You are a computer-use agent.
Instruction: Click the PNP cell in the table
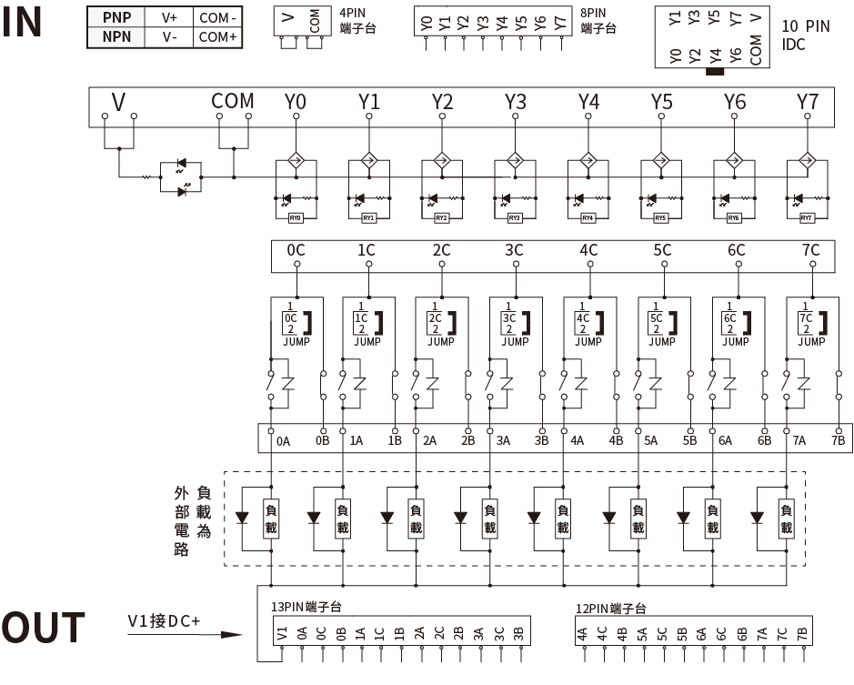116,17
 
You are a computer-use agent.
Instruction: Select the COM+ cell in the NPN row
217,37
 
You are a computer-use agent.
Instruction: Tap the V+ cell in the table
170,17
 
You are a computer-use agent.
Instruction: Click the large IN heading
23,23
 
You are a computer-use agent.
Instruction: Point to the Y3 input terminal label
516,102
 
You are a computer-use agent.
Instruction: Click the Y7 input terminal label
807,102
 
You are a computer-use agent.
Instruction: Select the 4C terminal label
588,250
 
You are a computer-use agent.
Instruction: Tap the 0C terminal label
296,250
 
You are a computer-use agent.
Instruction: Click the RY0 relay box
295,218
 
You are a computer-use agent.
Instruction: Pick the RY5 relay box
660,218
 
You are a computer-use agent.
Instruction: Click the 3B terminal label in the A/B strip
542,441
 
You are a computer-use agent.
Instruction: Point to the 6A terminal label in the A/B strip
725,441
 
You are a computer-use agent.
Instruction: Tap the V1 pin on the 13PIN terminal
283,633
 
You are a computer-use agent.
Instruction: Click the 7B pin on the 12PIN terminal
802,633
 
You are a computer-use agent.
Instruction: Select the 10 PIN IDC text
806,35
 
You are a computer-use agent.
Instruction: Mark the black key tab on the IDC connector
715,70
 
